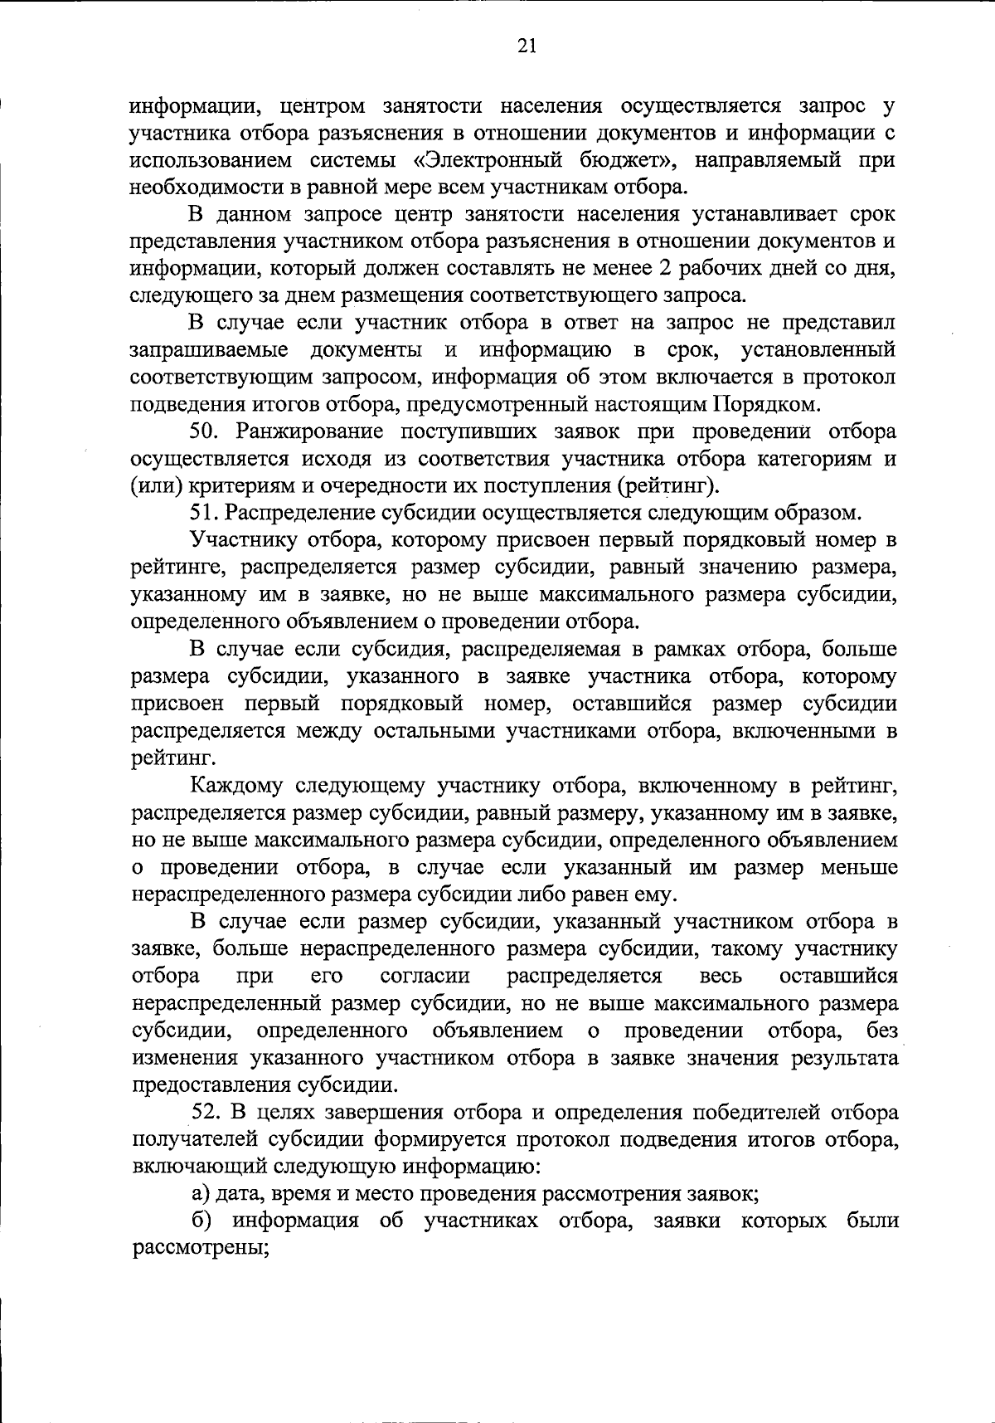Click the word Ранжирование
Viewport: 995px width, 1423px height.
click(310, 432)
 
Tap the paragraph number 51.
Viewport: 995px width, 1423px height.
click(204, 514)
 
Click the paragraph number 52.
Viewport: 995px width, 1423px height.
click(206, 1113)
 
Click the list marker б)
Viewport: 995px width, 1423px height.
click(201, 1221)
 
